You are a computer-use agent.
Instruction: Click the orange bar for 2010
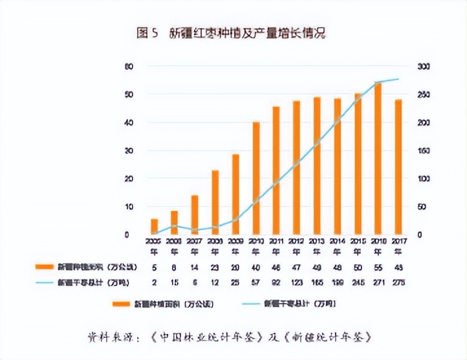coord(256,178)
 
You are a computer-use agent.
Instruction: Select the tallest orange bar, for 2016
coord(378,158)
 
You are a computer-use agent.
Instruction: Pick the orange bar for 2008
coord(215,202)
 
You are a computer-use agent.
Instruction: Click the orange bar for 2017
coord(398,166)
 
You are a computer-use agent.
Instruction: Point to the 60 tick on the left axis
coord(129,67)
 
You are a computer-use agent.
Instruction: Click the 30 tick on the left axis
coord(129,151)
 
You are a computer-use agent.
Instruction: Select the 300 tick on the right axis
coord(424,67)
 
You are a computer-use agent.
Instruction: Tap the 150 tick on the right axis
coord(424,151)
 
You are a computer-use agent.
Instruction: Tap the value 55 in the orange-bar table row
coord(378,266)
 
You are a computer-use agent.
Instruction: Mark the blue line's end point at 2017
coord(398,79)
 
